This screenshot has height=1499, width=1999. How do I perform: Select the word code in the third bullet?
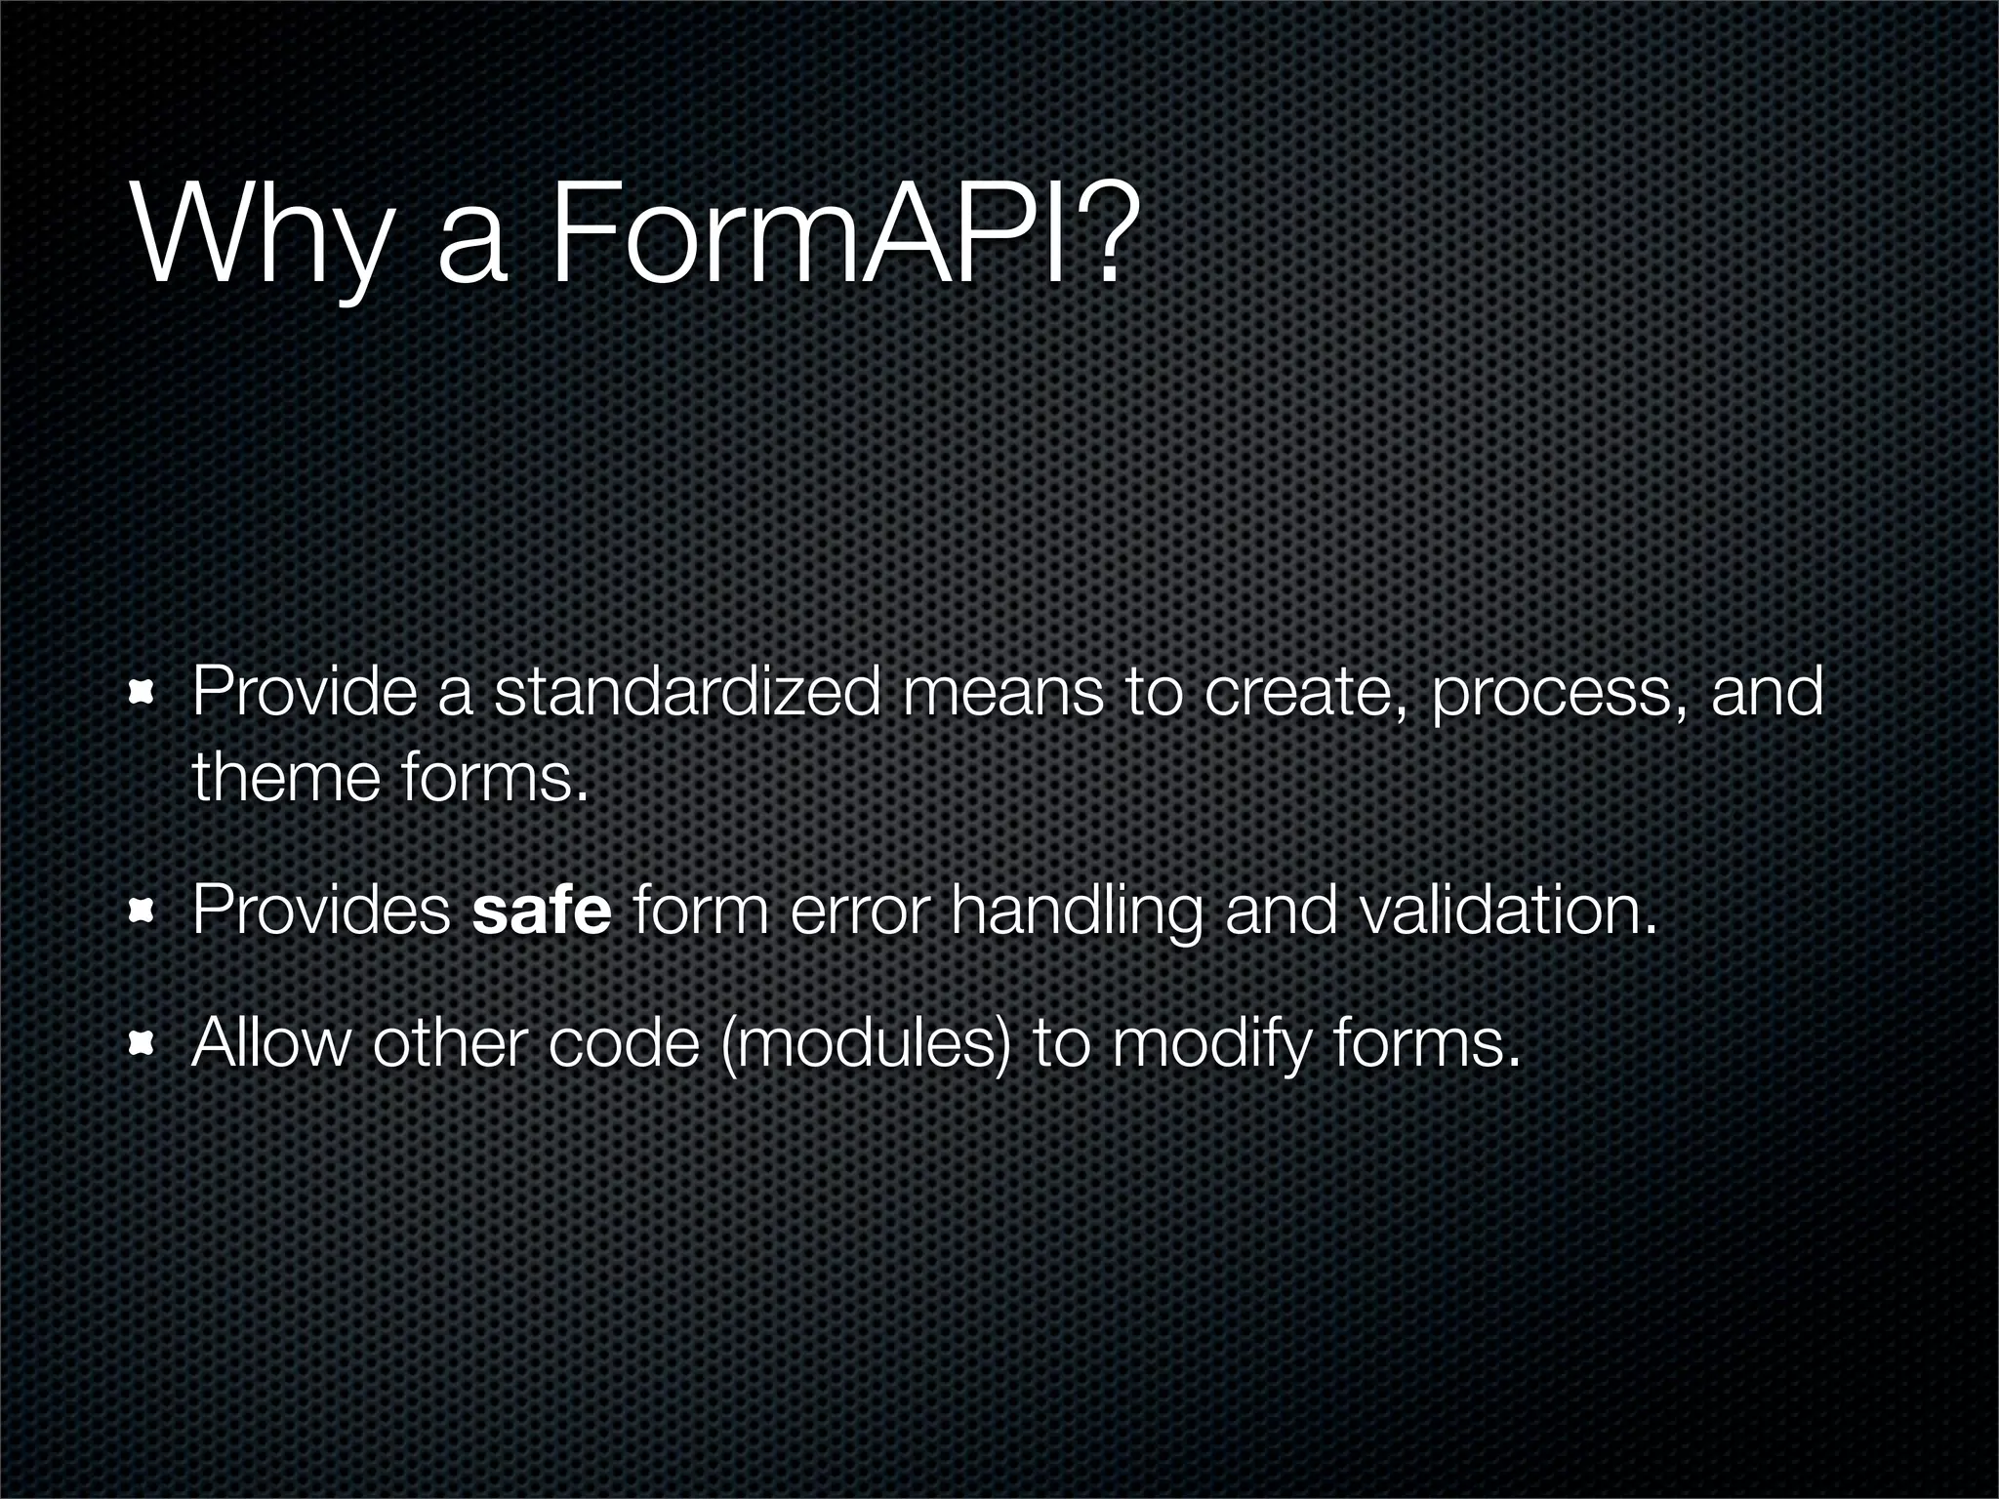coord(625,1044)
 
